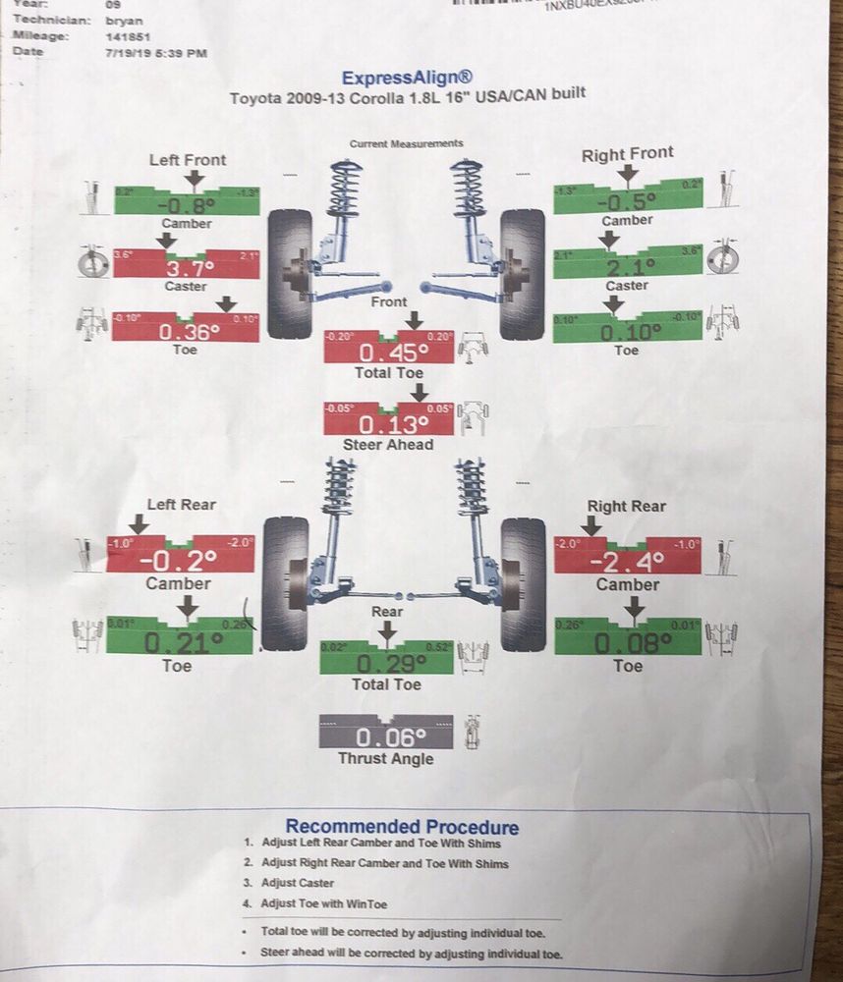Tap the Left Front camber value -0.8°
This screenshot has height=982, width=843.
[188, 204]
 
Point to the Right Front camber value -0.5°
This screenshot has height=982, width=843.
[627, 201]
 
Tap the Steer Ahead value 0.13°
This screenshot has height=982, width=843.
[389, 425]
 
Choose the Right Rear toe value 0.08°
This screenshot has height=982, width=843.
[629, 644]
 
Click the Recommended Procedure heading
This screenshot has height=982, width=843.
[402, 827]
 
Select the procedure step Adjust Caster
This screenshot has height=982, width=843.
[298, 883]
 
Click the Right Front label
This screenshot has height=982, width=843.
[627, 154]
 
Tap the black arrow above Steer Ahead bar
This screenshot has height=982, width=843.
[421, 392]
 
